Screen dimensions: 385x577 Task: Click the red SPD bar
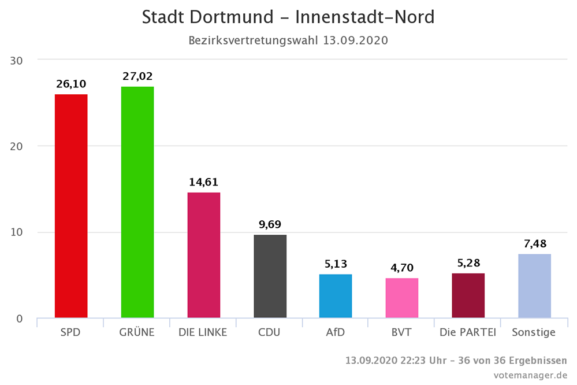point(71,206)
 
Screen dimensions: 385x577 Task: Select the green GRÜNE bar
point(137,202)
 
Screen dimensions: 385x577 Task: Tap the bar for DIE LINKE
point(204,255)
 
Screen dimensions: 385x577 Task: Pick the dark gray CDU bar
point(270,276)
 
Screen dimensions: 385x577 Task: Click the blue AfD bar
point(336,296)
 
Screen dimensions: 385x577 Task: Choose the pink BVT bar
point(402,298)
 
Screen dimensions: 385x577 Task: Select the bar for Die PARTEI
point(468,295)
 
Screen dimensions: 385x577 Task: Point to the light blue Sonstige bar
point(534,286)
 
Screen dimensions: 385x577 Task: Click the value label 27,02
point(137,76)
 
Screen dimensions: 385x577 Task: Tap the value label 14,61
point(204,182)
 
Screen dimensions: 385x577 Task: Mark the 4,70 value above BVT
point(402,268)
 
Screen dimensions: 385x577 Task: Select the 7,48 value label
point(534,243)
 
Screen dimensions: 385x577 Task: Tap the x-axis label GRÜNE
point(137,332)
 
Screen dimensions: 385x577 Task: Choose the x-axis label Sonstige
point(534,332)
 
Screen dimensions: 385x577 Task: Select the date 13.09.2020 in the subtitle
point(356,40)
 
